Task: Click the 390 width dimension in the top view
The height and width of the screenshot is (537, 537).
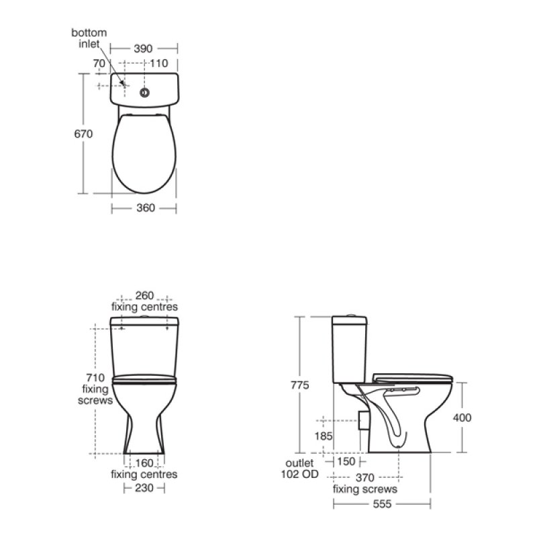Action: [143, 48]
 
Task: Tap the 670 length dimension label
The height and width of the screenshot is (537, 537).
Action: [83, 134]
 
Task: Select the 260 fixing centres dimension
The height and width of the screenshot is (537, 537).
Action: [144, 295]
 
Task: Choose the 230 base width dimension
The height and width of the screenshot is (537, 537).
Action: [144, 489]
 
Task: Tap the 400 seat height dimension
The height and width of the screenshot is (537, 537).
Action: [462, 418]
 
